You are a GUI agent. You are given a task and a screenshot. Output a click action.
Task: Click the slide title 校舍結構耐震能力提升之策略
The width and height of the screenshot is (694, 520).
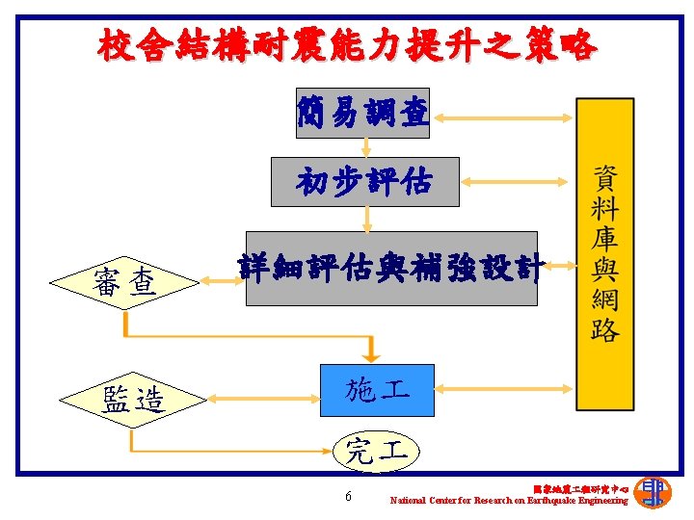346,44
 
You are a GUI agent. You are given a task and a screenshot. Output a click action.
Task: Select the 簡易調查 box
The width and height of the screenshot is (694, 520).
362,114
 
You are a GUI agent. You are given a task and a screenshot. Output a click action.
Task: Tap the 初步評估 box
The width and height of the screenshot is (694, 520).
364,181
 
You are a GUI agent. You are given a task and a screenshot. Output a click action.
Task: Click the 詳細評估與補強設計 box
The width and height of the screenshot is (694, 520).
390,269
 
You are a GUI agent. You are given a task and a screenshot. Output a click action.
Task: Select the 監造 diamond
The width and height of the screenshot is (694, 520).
132,398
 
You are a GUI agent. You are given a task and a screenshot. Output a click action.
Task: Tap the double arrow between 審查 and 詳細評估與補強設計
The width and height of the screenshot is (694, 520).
221,281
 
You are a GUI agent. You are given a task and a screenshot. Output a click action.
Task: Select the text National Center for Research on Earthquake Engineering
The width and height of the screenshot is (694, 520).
508,501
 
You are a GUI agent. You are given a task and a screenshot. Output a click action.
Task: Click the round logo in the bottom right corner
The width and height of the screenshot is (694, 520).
654,491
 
